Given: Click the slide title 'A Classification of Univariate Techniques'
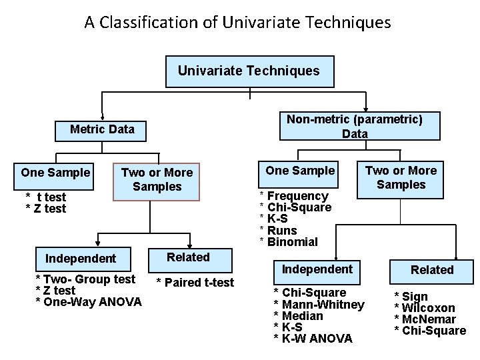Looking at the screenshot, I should (237, 23).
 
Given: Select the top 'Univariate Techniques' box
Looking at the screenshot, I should (249, 71).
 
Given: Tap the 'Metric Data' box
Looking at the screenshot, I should (102, 129).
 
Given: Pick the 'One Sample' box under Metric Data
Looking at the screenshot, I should (55, 173).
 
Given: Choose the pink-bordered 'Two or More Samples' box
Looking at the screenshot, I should (157, 179).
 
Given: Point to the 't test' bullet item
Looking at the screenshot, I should (47, 197).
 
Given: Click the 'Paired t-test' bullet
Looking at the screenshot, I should (195, 283).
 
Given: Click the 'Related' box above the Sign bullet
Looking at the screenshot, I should (431, 270).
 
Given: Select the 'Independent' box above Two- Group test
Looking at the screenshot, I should (81, 259).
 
